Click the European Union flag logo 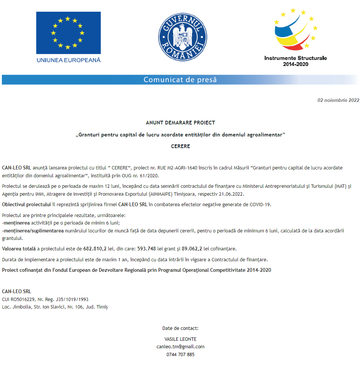point(68,33)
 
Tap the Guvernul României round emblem point(183,37)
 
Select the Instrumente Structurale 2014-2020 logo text point(295,61)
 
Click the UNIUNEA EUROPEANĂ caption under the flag point(68,60)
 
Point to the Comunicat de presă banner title point(180,80)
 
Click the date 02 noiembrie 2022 point(338,100)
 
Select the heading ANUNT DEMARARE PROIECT point(180,123)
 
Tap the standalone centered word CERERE point(180,146)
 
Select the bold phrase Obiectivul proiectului point(26,204)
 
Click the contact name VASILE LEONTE point(180,339)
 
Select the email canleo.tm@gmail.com point(180,346)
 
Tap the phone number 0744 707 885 point(180,354)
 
